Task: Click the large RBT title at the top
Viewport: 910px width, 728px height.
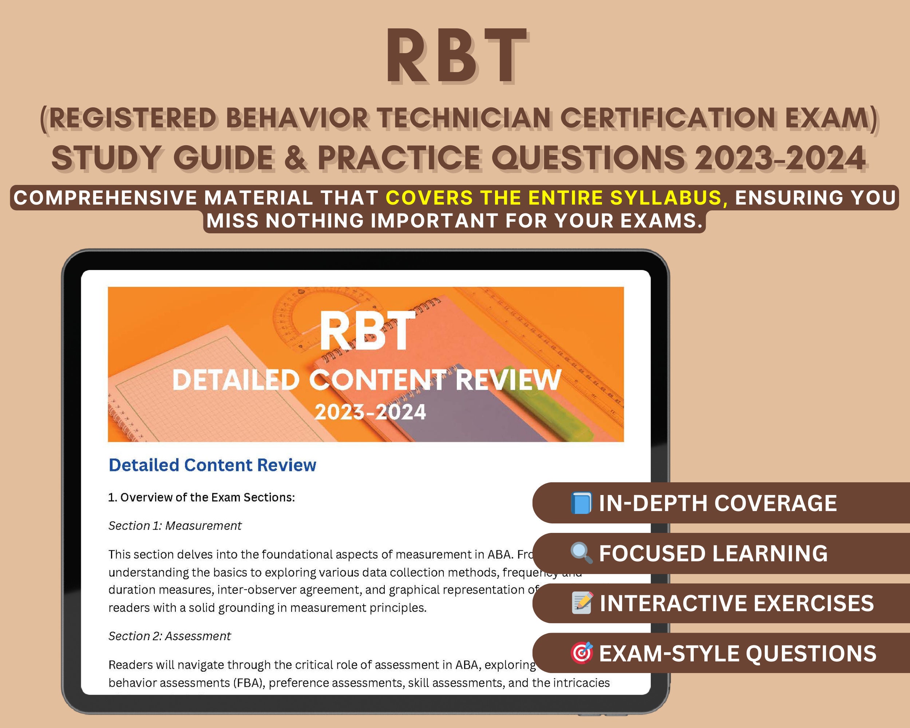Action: (456, 57)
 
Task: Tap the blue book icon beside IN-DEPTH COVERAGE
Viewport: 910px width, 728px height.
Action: (581, 503)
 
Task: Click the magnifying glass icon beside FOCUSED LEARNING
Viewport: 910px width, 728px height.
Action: (581, 553)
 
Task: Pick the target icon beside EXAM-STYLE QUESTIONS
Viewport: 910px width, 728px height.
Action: (582, 653)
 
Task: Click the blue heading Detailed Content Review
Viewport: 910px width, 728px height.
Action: (212, 465)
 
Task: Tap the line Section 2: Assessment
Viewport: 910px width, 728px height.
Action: (169, 636)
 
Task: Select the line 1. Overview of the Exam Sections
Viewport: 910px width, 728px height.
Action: (201, 498)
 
